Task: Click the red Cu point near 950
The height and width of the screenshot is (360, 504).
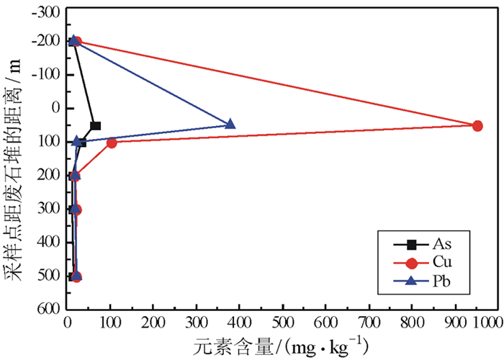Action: click(477, 125)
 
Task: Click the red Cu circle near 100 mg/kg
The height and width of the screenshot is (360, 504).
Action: click(112, 143)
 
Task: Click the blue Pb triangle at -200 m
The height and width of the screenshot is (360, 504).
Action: click(73, 41)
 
